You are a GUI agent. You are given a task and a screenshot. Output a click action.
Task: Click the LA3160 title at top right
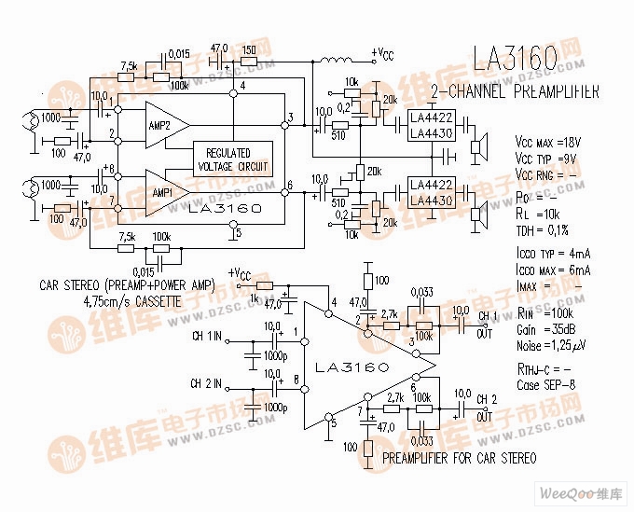516,60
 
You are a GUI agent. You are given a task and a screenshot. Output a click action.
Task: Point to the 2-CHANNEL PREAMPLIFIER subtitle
515,91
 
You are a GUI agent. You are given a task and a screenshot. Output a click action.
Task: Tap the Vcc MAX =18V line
547,142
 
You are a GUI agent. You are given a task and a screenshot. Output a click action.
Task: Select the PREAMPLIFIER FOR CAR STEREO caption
459,458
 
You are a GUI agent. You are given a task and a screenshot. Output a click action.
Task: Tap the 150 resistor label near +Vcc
248,48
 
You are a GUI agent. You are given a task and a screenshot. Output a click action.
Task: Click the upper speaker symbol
480,145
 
